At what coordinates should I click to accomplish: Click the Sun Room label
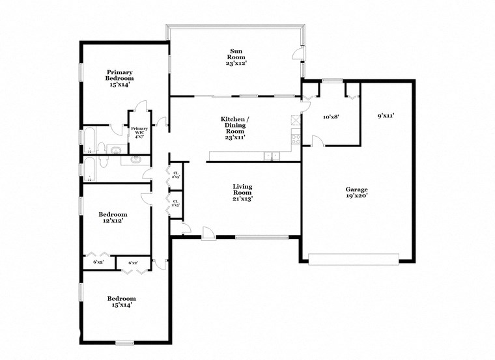pos(235,57)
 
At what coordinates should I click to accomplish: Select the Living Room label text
pos(242,193)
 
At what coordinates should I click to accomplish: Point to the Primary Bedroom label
pos(120,78)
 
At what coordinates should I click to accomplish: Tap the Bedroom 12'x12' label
pos(112,217)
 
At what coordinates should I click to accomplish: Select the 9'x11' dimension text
pos(386,116)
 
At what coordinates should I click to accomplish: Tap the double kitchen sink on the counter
pos(272,156)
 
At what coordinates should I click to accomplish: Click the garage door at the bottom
pos(354,260)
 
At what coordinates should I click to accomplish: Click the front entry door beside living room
pos(208,233)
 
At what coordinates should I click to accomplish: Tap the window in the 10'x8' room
pos(333,81)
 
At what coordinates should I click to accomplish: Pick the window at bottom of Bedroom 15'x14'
pos(124,342)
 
